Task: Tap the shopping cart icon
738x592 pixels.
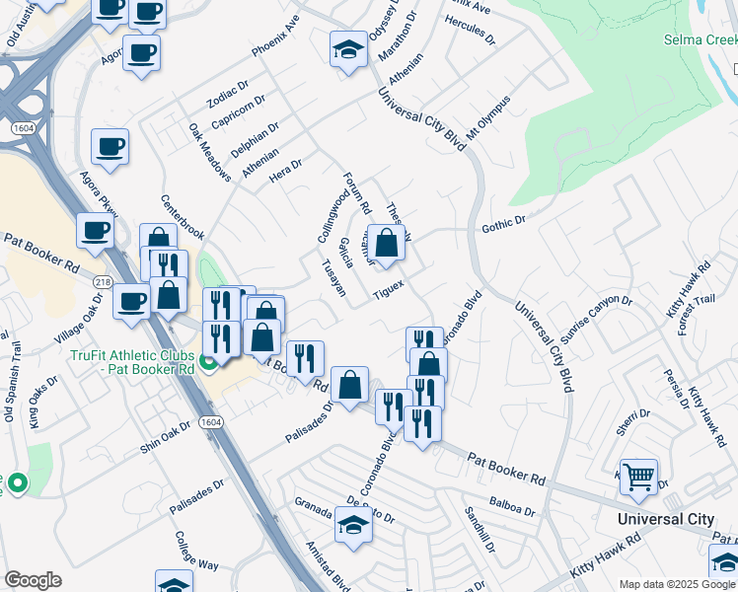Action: coord(638,478)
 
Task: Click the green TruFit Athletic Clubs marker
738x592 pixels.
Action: coord(207,363)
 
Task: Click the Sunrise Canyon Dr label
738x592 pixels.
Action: coord(596,314)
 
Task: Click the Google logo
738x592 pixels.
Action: coord(33,580)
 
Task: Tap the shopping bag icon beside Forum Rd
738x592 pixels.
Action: coord(386,243)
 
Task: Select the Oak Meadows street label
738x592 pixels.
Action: coord(210,153)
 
